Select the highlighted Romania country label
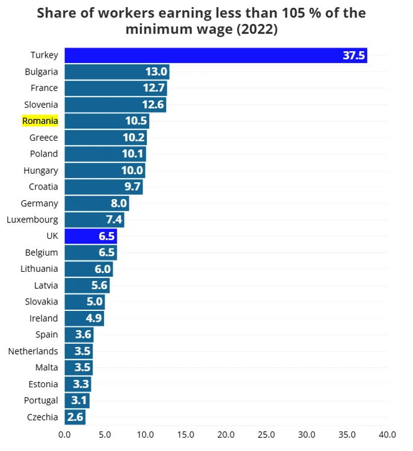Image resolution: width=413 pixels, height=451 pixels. click(x=40, y=121)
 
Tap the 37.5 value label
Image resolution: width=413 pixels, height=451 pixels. click(x=354, y=55)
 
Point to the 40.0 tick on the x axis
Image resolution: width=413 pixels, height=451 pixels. click(x=387, y=434)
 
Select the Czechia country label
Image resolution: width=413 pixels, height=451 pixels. click(x=43, y=417)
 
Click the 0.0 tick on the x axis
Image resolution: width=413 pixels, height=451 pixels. click(x=64, y=434)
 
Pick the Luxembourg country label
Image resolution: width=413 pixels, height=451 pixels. click(x=32, y=219)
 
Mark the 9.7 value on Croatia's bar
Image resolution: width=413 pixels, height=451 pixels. click(x=132, y=187)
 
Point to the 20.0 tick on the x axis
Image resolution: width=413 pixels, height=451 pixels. click(x=226, y=434)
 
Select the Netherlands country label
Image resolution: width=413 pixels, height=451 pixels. click(x=33, y=351)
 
